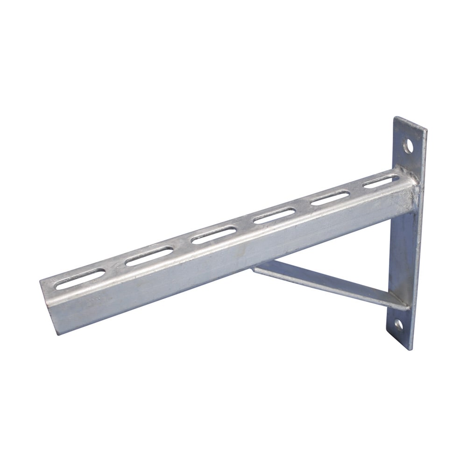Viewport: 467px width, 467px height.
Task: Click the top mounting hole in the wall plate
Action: click(x=409, y=146)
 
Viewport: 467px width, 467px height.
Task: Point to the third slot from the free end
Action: click(x=212, y=234)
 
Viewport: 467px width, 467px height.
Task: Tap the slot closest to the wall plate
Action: click(x=381, y=182)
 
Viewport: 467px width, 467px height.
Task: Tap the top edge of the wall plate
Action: click(x=410, y=122)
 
